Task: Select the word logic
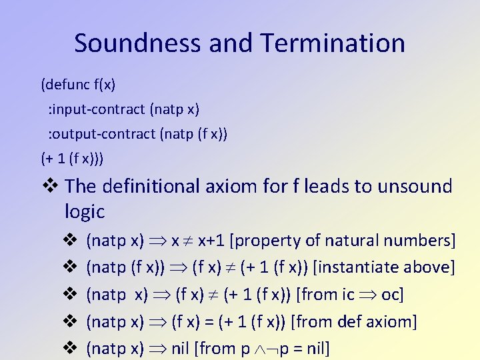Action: pos(85,212)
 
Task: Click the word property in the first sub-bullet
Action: pos(267,240)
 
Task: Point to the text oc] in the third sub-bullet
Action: pos(393,295)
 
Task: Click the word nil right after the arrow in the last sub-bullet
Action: pos(180,349)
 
